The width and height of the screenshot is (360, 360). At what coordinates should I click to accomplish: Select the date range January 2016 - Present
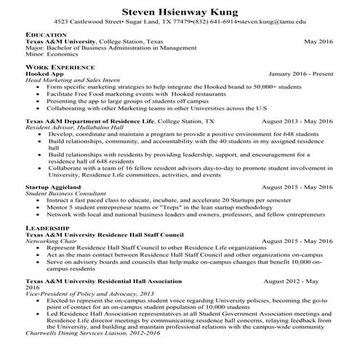click(300, 74)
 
